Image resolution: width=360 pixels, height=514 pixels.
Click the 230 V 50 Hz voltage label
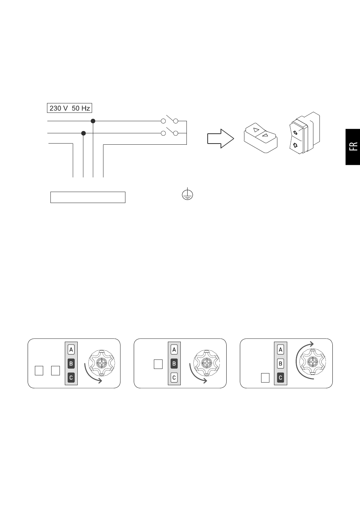point(70,108)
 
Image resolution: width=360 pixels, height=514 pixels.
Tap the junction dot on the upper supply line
point(93,121)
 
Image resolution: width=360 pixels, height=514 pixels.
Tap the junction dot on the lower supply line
point(84,133)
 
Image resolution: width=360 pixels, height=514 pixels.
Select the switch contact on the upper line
point(169,120)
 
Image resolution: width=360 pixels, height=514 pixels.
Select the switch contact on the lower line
point(169,132)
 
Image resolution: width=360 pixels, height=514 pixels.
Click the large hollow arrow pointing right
point(221,139)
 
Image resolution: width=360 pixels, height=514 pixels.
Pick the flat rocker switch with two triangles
point(261,138)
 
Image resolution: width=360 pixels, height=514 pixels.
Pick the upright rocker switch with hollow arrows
point(304,133)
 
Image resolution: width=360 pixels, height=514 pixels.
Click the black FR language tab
point(353,147)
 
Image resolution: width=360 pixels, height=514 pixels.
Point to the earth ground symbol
point(187,194)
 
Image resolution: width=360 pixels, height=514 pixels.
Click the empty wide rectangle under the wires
point(88,197)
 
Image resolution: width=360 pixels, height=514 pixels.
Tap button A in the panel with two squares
point(71,350)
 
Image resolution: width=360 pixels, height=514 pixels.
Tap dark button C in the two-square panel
point(71,378)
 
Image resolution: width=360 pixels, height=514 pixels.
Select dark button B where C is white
point(174,364)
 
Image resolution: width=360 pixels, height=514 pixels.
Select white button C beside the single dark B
point(174,378)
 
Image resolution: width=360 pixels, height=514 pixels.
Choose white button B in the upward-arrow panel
point(280,364)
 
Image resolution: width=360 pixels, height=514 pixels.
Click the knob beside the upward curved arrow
point(313,362)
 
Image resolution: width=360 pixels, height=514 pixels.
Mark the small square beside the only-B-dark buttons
point(158,364)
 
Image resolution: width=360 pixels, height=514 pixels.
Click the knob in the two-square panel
point(102,363)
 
